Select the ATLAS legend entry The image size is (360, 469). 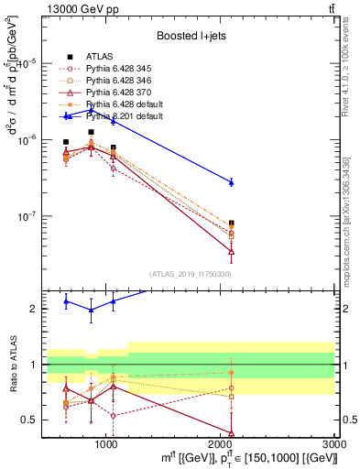click(97, 58)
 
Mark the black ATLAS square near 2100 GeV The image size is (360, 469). click(231, 223)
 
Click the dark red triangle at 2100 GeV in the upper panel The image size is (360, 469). click(231, 251)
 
